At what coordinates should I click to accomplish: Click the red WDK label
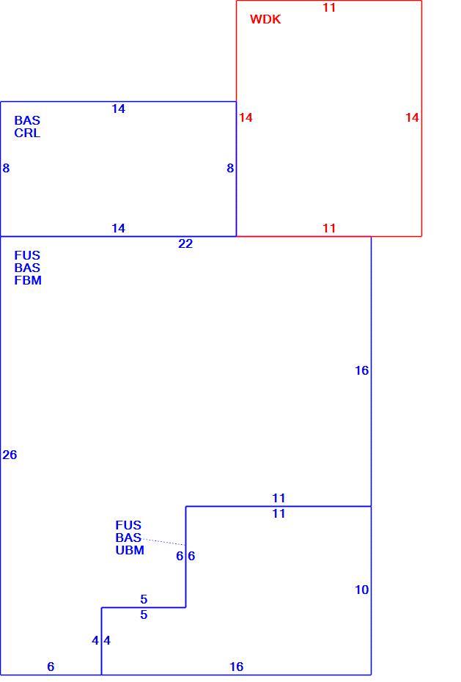point(265,19)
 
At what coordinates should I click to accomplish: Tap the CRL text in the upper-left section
point(27,133)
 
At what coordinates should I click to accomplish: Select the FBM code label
point(28,281)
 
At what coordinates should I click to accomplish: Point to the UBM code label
point(130,550)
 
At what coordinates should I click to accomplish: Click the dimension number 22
point(185,243)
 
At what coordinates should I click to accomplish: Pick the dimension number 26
point(10,455)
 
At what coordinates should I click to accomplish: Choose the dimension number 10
point(361,590)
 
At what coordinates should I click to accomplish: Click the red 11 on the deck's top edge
point(329,7)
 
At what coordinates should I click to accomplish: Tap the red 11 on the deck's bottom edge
point(329,228)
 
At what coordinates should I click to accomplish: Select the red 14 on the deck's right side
point(412,117)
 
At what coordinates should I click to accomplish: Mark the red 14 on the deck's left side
point(246,117)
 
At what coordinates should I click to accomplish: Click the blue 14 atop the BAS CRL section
point(118,109)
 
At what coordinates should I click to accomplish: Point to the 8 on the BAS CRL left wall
point(6,168)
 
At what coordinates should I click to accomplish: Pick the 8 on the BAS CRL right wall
point(230,168)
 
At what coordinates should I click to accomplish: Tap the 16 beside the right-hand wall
point(361,370)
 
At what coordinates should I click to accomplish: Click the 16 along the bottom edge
point(237,667)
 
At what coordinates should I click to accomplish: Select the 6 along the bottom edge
point(51,667)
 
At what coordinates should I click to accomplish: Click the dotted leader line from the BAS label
point(163,541)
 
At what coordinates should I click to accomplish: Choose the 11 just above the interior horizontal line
point(279,498)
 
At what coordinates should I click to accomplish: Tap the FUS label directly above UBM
point(128,525)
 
